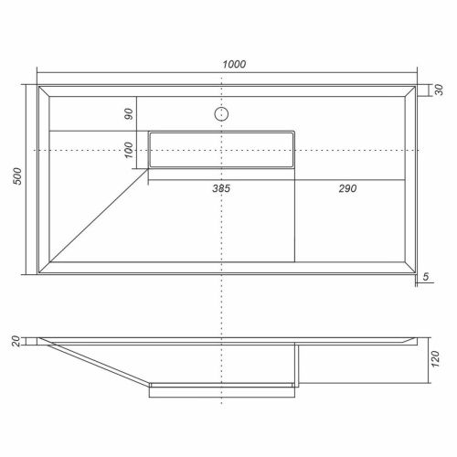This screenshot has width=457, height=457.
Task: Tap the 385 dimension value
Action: [x=220, y=188]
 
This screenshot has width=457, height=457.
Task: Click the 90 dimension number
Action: [x=129, y=114]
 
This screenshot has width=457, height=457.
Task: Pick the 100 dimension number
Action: [x=129, y=149]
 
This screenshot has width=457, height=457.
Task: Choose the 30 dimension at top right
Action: [x=439, y=90]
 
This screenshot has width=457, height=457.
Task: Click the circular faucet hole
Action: [x=220, y=114]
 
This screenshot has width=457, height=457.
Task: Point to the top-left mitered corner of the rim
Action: [x=43, y=90]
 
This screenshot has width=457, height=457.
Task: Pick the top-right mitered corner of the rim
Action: [x=413, y=90]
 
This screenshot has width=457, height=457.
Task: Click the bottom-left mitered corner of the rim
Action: [x=43, y=273]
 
